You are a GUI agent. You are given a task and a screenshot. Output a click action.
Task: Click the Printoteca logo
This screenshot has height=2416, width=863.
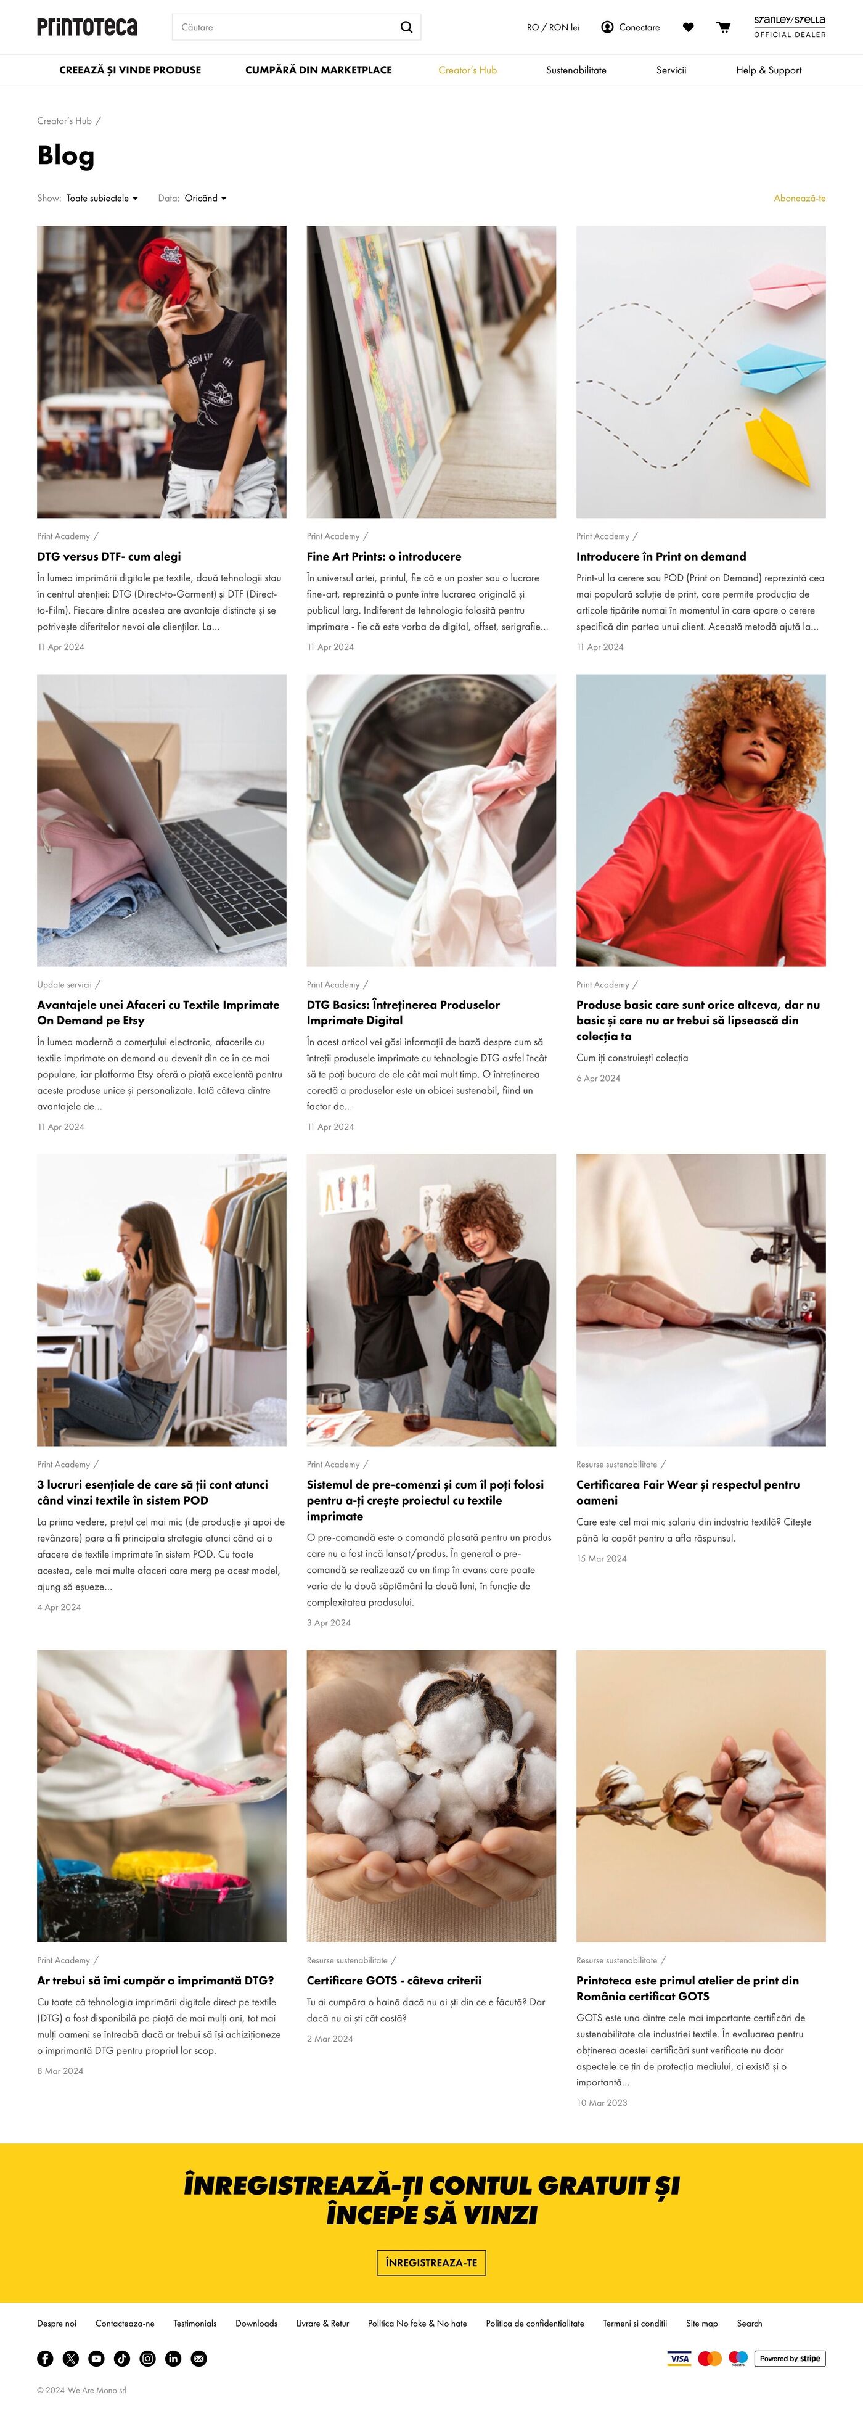point(88,27)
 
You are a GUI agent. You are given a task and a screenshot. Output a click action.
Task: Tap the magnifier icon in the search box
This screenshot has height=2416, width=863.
point(406,27)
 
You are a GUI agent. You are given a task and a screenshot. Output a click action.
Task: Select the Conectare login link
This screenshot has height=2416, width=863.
point(631,27)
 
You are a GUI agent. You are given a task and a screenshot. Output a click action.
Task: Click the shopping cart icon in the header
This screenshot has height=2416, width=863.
point(723,27)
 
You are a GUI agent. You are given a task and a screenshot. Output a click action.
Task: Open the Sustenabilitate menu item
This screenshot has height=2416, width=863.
point(576,70)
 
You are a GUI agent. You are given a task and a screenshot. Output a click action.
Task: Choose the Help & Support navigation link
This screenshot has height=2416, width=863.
point(768,70)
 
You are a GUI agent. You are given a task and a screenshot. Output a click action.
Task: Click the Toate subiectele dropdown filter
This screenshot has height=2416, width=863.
point(101,198)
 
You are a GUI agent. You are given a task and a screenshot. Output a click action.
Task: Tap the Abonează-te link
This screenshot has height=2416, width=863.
point(800,198)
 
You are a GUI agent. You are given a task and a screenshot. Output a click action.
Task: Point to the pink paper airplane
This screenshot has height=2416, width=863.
point(786,283)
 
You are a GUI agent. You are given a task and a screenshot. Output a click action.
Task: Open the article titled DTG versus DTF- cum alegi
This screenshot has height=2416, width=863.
point(109,556)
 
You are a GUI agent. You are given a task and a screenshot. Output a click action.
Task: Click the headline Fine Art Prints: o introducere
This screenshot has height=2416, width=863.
point(383,556)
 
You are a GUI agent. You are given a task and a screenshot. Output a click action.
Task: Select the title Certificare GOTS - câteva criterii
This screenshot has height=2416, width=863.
point(394,1980)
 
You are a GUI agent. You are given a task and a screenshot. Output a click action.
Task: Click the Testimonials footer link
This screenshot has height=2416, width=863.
point(195,2323)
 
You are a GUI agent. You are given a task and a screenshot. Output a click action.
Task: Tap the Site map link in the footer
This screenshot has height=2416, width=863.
point(701,2323)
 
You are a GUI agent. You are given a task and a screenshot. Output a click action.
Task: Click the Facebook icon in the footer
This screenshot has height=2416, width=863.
point(45,2358)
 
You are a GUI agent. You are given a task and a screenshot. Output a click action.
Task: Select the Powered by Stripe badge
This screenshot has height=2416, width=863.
point(790,2358)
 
